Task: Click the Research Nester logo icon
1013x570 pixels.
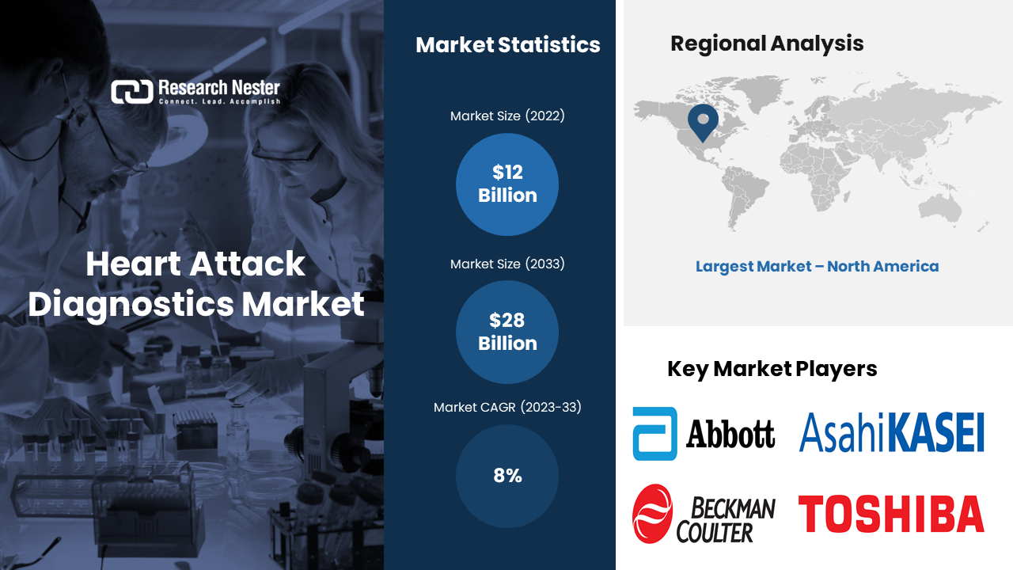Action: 131,92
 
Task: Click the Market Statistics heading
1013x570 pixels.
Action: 507,45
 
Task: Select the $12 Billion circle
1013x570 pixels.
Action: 507,184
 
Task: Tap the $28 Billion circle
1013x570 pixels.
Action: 507,332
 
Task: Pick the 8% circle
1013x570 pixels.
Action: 507,476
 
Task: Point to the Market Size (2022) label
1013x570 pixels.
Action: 507,116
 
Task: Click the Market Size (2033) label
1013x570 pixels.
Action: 507,264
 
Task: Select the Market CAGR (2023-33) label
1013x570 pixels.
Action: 507,408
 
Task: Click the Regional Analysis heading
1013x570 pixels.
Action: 767,44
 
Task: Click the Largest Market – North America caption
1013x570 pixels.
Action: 817,267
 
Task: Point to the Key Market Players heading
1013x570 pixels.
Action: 772,369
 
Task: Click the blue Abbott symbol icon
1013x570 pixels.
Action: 655,434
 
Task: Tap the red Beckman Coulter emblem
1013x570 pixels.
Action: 652,514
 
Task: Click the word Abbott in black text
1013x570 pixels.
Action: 730,434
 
